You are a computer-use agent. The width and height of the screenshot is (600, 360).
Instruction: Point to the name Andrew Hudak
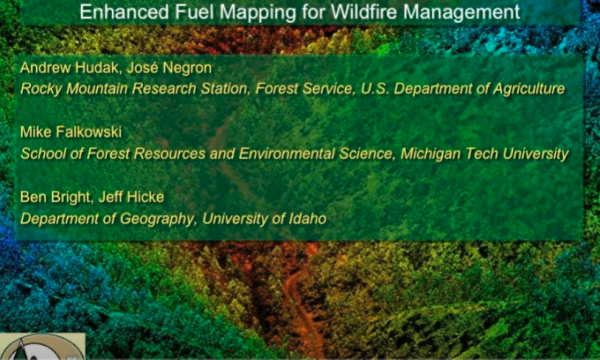pos(63,68)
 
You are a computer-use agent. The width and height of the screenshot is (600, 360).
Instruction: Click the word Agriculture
pos(521,89)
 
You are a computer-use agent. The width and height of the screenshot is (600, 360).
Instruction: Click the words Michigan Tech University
pos(489,153)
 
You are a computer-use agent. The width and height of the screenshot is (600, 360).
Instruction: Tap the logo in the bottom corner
pos(40,346)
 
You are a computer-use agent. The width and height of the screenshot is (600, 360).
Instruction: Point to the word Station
pos(216,89)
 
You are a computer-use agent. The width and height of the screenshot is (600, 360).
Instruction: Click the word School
pos(41,153)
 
